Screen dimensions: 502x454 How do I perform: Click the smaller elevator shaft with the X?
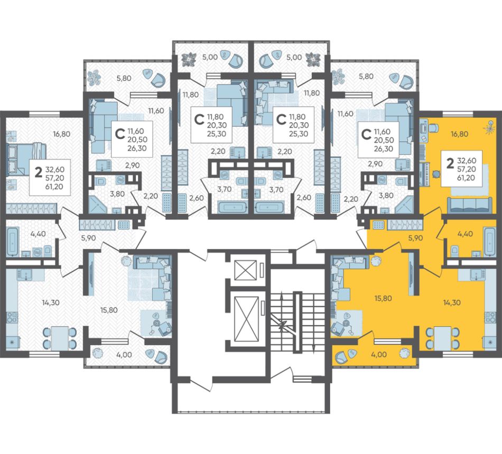coord(246,270)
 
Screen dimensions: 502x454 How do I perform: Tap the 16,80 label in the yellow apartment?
coord(459,134)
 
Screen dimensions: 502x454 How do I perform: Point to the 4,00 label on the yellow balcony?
coord(379,355)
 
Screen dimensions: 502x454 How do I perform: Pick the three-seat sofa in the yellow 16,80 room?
coord(469,205)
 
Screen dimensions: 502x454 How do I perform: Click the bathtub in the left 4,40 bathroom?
coord(13,242)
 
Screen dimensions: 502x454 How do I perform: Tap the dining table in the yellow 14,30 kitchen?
coord(442,338)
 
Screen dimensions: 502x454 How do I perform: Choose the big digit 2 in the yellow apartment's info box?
coord(450,164)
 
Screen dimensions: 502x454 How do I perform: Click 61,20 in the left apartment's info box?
coord(54,187)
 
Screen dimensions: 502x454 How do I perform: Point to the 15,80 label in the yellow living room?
coord(383,298)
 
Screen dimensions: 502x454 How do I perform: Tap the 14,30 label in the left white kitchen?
coord(51,302)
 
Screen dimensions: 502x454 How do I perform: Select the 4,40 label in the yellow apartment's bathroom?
coord(465,234)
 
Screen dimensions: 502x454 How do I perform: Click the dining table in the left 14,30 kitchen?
coord(60,338)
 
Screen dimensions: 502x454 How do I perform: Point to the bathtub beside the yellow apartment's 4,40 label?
coord(490,242)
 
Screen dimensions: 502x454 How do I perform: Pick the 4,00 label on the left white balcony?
coord(124,355)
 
